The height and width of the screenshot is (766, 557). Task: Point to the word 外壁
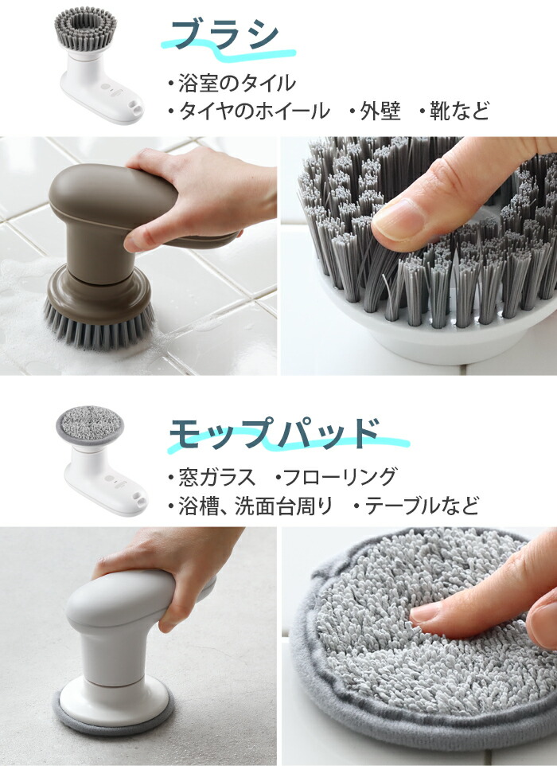[380, 111]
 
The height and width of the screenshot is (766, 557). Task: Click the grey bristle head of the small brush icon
[86, 27]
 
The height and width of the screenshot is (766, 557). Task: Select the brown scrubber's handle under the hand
[111, 191]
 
